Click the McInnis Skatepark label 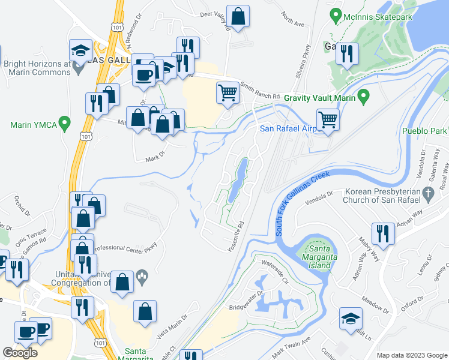[x=378, y=17]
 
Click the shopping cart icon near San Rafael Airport [x=328, y=119]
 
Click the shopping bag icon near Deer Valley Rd [x=238, y=17]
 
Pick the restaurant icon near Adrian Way [x=382, y=233]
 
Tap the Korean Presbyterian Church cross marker [x=427, y=193]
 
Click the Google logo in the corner [x=20, y=353]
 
